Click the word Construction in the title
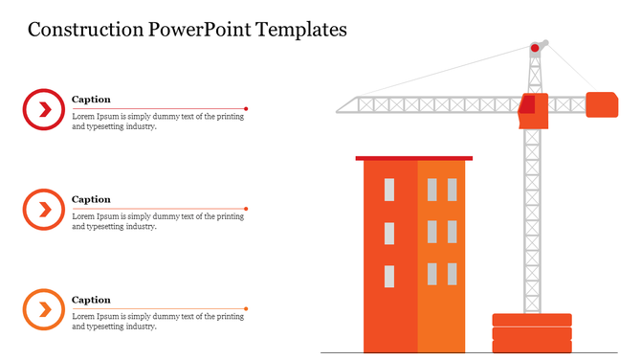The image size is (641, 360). pyautogui.click(x=85, y=30)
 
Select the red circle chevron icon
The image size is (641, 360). pyautogui.click(x=43, y=109)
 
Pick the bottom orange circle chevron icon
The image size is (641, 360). pyautogui.click(x=43, y=309)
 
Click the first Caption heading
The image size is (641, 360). pyautogui.click(x=91, y=100)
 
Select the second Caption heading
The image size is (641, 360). pyautogui.click(x=91, y=200)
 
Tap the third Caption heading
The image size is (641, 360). pyautogui.click(x=91, y=300)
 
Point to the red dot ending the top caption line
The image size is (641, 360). pyautogui.click(x=246, y=108)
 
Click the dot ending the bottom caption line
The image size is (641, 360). pyautogui.click(x=246, y=308)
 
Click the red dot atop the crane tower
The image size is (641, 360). pyautogui.click(x=535, y=48)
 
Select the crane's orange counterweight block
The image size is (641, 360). pyautogui.click(x=601, y=104)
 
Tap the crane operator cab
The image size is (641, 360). pyautogui.click(x=533, y=111)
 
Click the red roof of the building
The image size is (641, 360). pyautogui.click(x=413, y=158)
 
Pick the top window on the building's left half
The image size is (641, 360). pyautogui.click(x=389, y=189)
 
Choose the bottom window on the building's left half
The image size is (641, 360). pyautogui.click(x=389, y=276)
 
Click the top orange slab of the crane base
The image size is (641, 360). pyautogui.click(x=531, y=320)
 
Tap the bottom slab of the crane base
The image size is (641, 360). pyautogui.click(x=531, y=346)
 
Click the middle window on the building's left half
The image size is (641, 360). pyautogui.click(x=389, y=233)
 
